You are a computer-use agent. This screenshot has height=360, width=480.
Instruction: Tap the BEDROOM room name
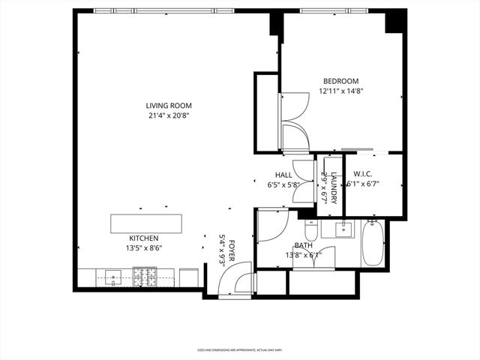(340, 81)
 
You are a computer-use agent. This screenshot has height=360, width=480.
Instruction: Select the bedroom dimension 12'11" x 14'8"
(340, 91)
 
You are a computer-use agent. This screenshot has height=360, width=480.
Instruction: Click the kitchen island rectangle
(146, 223)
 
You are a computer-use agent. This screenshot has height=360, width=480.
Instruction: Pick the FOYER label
(232, 249)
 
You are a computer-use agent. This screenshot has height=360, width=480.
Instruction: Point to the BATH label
(303, 245)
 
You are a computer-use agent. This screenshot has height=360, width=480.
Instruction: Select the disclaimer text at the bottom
(239, 349)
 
